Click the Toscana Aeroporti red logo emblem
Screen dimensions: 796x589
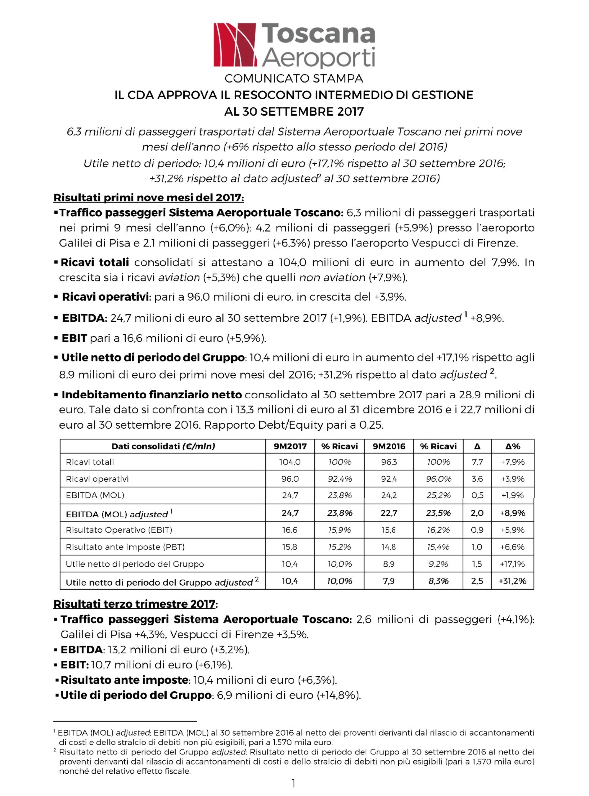pyautogui.click(x=235, y=45)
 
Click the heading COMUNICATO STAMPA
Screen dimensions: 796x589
pyautogui.click(x=294, y=78)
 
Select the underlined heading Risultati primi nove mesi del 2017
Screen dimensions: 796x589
pyautogui.click(x=149, y=198)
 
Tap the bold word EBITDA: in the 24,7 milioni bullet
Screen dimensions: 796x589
pyautogui.click(x=84, y=318)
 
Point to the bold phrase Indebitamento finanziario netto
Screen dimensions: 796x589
pyautogui.click(x=152, y=395)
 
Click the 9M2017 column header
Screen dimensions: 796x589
pyautogui.click(x=290, y=446)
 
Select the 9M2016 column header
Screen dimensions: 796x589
pyautogui.click(x=389, y=446)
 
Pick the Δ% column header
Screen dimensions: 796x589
pyautogui.click(x=512, y=446)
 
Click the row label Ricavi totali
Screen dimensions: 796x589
pyautogui.click(x=90, y=462)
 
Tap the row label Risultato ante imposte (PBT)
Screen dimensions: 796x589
pyautogui.click(x=125, y=547)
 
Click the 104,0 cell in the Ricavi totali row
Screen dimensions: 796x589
pyautogui.click(x=290, y=462)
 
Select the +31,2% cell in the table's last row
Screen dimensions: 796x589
pyautogui.click(x=512, y=581)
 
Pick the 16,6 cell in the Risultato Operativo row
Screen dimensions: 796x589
pyautogui.click(x=290, y=530)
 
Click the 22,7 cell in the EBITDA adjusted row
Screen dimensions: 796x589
pyautogui.click(x=389, y=513)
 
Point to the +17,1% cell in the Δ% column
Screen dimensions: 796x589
pyautogui.click(x=512, y=564)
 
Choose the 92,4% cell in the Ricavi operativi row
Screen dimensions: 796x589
pyautogui.click(x=340, y=479)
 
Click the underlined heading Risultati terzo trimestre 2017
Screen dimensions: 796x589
pyautogui.click(x=135, y=604)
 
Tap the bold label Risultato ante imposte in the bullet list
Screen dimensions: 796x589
pyautogui.click(x=124, y=680)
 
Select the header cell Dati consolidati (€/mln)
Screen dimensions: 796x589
pyautogui.click(x=163, y=446)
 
